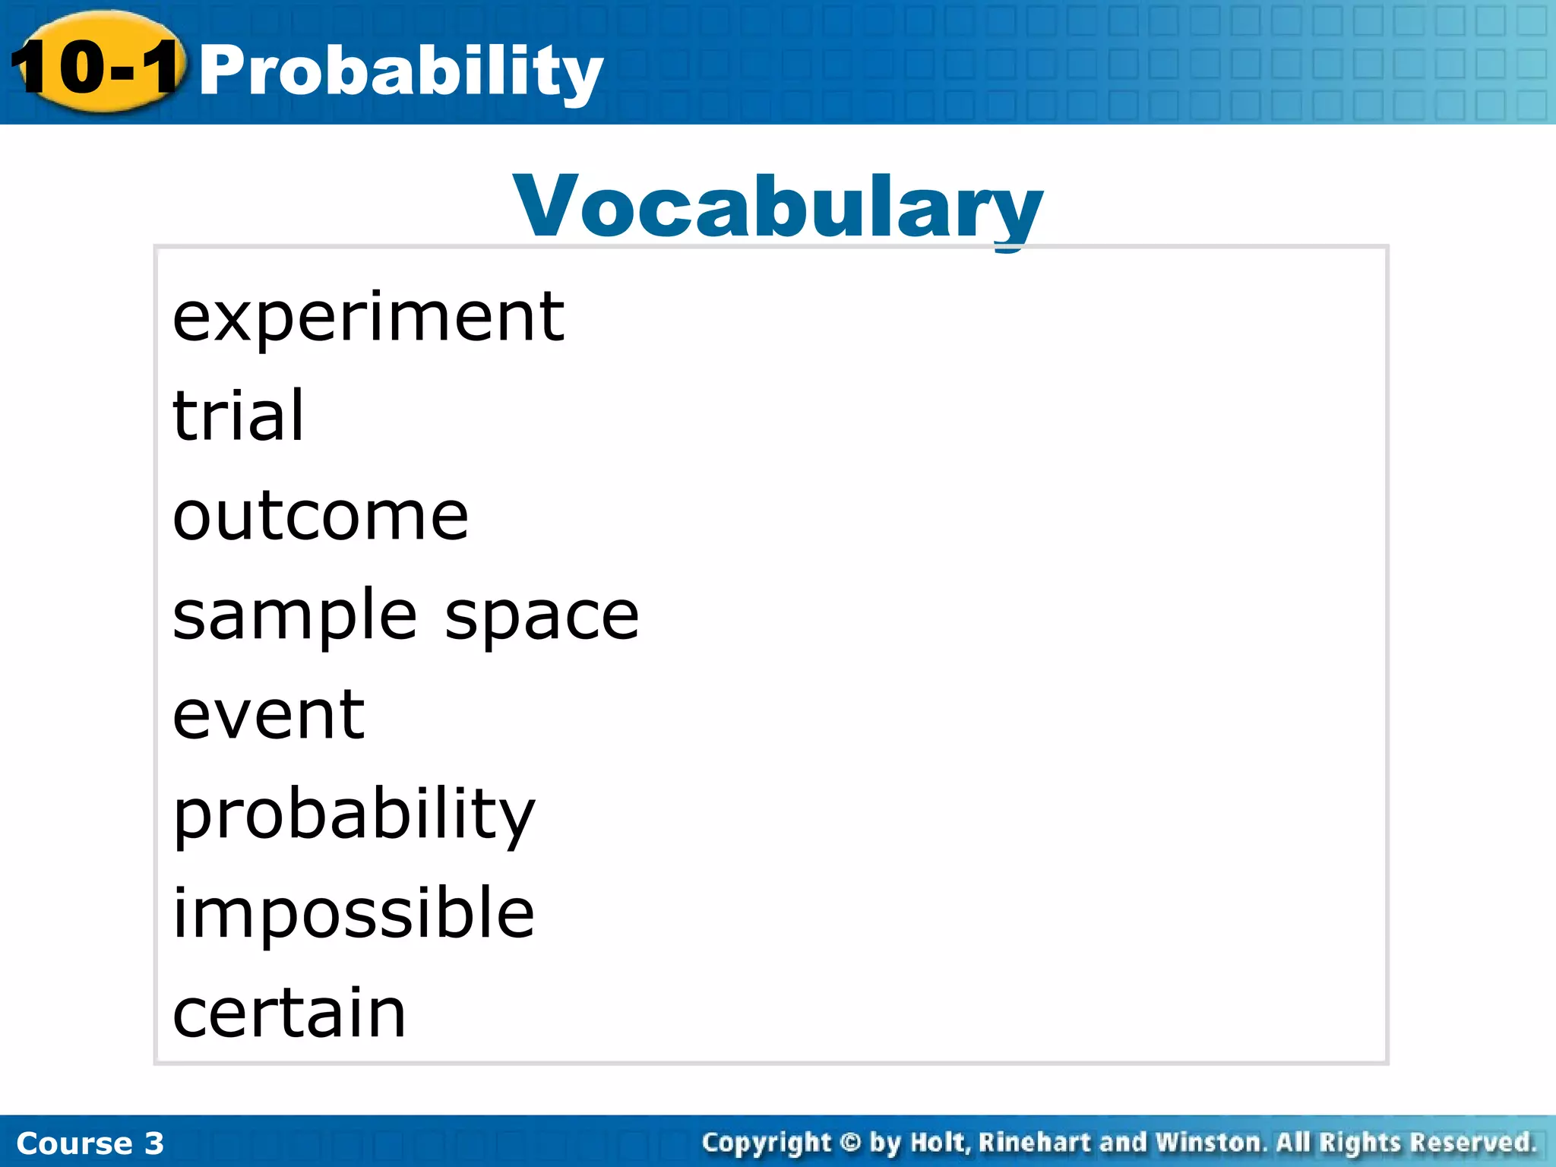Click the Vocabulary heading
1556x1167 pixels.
pos(778,207)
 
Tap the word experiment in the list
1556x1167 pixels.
pos(368,318)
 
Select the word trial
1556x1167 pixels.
pos(239,416)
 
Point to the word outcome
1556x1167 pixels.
pos(321,517)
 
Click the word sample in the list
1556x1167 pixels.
pos(295,616)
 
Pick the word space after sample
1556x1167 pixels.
pos(542,616)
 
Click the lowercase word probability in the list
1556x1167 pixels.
pos(354,815)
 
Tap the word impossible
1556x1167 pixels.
pos(354,913)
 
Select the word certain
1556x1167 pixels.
pos(289,1013)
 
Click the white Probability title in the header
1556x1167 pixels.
pos(400,71)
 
